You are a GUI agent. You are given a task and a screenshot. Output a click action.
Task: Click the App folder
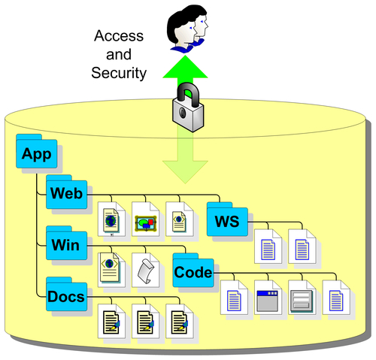37,151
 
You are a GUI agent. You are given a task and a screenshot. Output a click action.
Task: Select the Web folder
67,192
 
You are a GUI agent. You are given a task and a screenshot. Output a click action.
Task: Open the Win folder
67,244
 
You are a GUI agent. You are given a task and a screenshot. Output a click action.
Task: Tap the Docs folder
67,295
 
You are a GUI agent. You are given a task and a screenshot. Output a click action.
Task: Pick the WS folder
227,219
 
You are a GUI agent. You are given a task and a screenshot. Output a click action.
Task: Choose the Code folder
193,271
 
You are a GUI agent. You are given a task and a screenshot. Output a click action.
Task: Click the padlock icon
188,107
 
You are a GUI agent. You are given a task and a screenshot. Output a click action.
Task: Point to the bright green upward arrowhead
185,67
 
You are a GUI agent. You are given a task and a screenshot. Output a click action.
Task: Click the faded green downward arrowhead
185,172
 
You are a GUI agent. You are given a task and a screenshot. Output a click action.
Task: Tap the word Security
119,73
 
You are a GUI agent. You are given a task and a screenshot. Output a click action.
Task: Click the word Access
119,36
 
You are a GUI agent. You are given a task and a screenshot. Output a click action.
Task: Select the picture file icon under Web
146,219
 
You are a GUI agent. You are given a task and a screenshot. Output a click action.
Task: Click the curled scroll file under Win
146,271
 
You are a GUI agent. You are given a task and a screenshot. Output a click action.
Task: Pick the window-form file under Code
268,298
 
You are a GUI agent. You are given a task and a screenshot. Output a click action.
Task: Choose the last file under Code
336,298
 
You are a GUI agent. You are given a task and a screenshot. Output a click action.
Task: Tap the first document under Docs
111,322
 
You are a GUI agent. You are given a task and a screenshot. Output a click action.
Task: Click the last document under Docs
180,322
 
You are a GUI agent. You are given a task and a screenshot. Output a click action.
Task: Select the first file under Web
111,219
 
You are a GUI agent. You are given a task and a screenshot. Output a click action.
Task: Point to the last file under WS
302,247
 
